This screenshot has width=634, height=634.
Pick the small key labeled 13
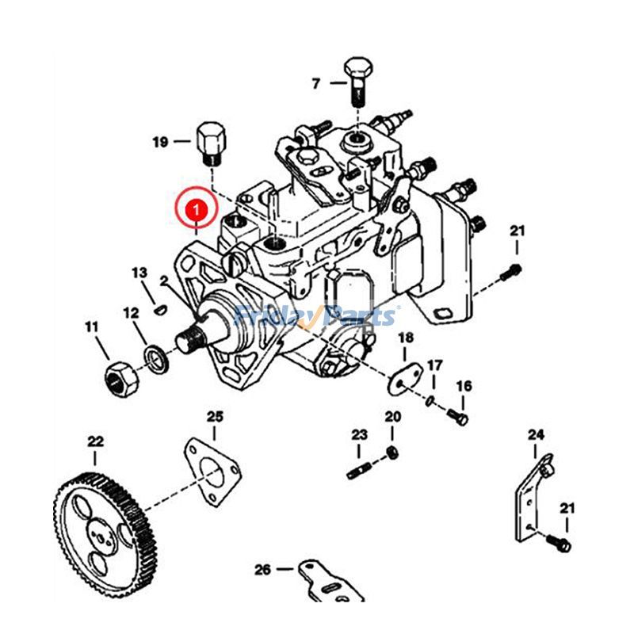click(158, 309)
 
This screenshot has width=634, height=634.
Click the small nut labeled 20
click(391, 453)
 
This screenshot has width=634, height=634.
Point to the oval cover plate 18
click(404, 380)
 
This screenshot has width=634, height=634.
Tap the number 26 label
click(262, 569)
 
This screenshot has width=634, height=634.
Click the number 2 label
click(162, 281)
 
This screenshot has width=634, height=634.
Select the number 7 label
click(315, 82)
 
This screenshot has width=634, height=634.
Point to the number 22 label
click(95, 441)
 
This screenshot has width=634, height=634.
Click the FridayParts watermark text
click(316, 317)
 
